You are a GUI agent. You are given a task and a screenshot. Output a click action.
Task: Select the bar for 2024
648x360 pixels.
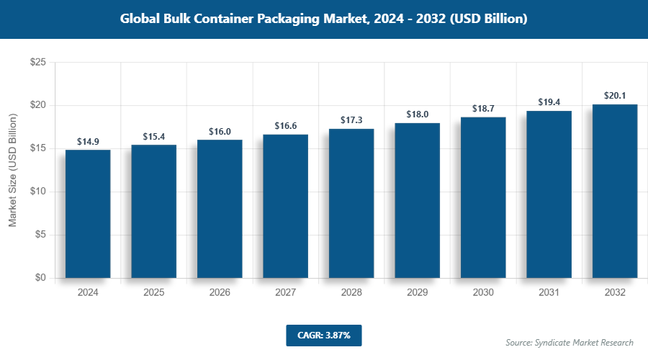click(x=88, y=214)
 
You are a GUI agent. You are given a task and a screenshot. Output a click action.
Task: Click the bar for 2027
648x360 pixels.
click(x=285, y=206)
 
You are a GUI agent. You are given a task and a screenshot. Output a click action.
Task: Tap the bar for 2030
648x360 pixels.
click(x=483, y=197)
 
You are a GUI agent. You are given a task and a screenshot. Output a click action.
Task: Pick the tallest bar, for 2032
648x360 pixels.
click(x=615, y=191)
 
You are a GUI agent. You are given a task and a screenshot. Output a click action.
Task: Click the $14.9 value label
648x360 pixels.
click(x=88, y=141)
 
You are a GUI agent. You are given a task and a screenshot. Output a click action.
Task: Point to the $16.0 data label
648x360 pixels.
click(x=220, y=132)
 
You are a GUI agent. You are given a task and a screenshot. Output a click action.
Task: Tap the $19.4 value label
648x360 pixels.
click(x=549, y=102)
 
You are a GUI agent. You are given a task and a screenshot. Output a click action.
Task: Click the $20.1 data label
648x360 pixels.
click(x=615, y=96)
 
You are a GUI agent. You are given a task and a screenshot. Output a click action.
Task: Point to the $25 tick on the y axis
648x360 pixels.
click(x=38, y=63)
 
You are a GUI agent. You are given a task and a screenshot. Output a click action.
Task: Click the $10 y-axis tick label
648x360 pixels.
click(x=38, y=192)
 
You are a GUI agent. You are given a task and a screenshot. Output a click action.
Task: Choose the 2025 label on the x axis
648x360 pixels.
click(x=153, y=293)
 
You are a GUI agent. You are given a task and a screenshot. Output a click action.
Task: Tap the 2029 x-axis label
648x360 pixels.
click(x=417, y=293)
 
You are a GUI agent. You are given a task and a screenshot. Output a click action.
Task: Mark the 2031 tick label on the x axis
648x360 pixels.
click(x=549, y=293)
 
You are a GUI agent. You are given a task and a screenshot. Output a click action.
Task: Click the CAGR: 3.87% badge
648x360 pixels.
click(x=323, y=335)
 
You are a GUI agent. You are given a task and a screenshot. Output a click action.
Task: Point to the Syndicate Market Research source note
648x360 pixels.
click(x=570, y=342)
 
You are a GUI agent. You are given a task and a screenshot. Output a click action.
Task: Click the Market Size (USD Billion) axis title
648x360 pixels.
click(x=13, y=171)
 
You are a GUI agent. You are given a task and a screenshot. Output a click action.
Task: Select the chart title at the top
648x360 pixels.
click(x=323, y=19)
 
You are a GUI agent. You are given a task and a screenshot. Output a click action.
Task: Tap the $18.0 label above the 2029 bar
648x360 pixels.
click(x=417, y=114)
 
